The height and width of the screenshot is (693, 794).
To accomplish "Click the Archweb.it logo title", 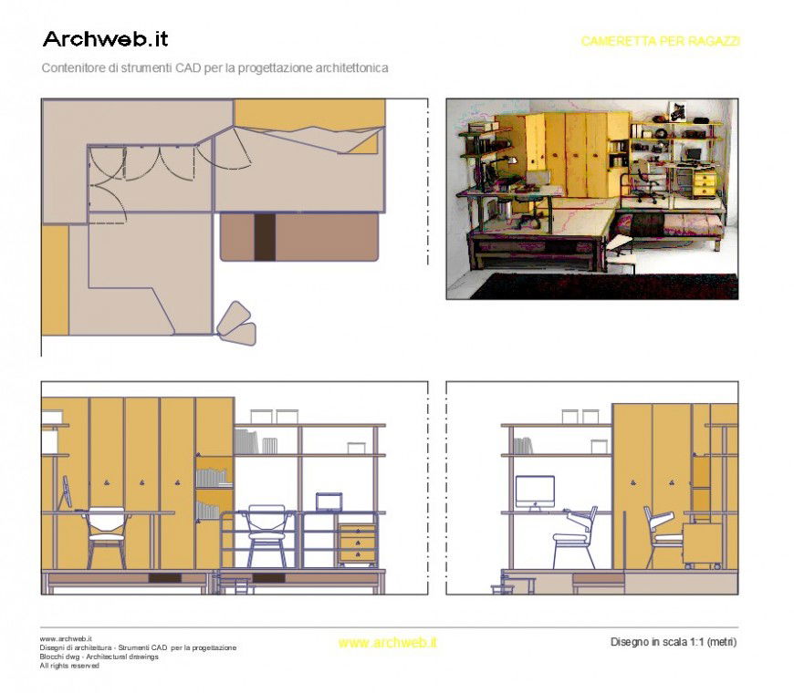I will (105, 39).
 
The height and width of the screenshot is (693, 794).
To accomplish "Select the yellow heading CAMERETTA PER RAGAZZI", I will (660, 42).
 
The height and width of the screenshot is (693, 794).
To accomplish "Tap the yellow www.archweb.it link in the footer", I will (387, 643).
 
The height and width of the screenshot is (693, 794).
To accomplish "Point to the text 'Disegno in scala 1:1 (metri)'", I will (673, 642).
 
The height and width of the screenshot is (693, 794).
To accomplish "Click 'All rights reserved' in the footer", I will (69, 666).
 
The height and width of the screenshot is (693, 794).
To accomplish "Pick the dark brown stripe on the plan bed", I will (264, 237).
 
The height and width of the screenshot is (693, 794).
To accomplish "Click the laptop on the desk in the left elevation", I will (329, 502).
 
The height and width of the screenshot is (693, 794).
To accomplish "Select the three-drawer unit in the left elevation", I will (357, 543).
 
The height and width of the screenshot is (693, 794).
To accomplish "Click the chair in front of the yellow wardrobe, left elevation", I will (108, 533).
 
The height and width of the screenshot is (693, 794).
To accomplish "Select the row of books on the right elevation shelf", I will (521, 446).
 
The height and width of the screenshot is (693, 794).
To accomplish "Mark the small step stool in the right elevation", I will (502, 587).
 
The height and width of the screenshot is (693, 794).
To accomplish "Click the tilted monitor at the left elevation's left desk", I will (66, 494).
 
